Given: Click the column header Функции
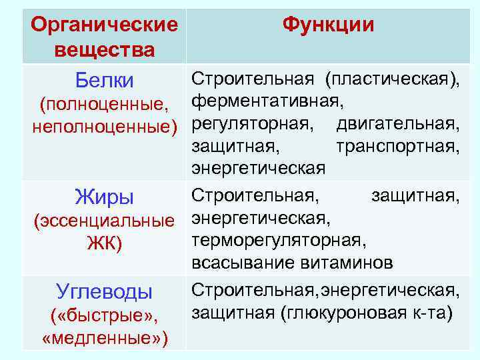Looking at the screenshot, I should click(328, 25).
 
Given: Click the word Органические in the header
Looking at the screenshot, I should click(105, 25).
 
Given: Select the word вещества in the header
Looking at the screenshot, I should click(105, 49).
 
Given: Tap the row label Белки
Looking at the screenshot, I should click(105, 81).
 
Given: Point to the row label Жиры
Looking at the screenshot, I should click(105, 197).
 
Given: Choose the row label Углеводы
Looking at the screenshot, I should click(105, 291).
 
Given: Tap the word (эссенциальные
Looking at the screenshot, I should click(105, 220).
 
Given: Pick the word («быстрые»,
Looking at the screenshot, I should click(105, 315).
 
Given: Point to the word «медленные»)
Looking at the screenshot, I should click(105, 337).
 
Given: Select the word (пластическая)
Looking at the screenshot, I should click(393, 80).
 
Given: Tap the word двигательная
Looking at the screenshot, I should click(398, 124).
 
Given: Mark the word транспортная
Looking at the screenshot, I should click(398, 145).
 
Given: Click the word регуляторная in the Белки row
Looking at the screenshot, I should click(251, 124).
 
